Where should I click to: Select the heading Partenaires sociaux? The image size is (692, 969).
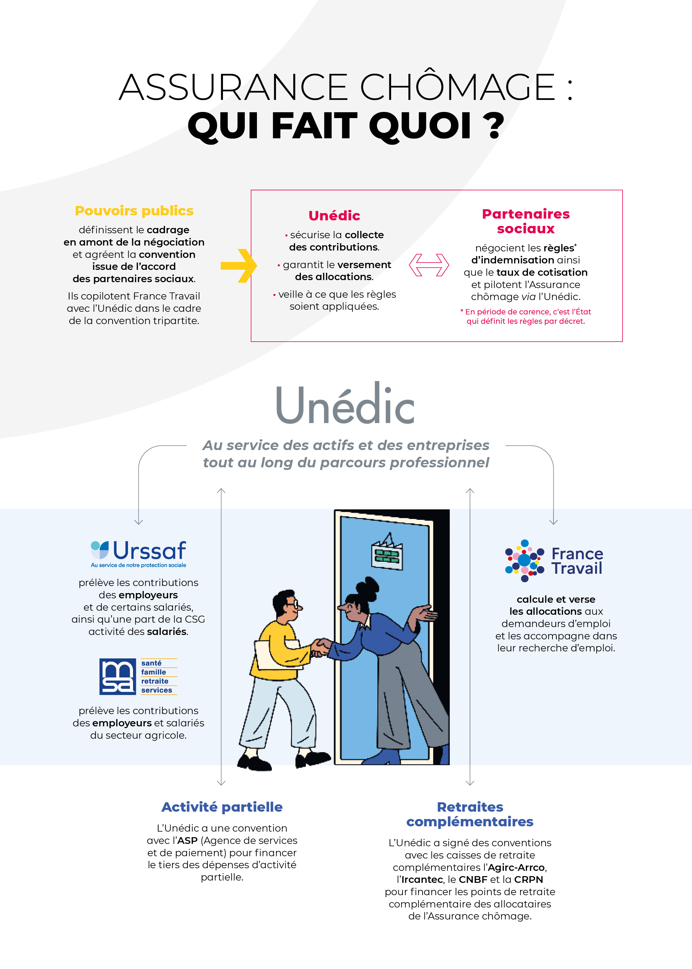click(x=526, y=221)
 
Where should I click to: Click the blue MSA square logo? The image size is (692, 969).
click(x=117, y=676)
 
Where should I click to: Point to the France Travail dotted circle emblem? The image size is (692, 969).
click(x=524, y=560)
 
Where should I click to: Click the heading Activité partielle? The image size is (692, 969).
click(x=222, y=807)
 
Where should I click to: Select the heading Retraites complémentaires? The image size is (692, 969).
click(x=470, y=814)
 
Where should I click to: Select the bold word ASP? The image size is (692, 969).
click(x=188, y=840)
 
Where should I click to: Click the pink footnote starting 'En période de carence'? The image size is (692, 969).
click(x=526, y=316)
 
